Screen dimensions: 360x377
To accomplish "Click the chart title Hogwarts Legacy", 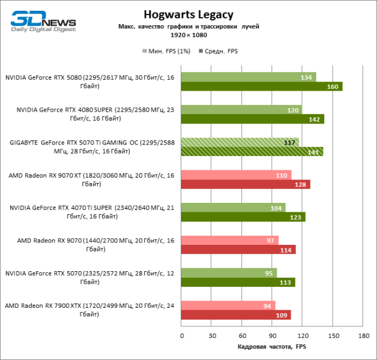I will click(188, 14).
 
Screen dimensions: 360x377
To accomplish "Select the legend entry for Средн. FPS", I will click(219, 52).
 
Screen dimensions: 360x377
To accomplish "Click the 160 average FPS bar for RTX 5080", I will click(261, 86).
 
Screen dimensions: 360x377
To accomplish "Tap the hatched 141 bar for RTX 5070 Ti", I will click(252, 151).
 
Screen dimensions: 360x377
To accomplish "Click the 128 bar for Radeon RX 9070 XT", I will click(246, 184).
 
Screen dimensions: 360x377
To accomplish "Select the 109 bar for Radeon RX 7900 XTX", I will click(236, 314).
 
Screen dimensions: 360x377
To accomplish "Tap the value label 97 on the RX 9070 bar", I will click(271, 240).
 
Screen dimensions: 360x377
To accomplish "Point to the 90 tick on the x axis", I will click(272, 336).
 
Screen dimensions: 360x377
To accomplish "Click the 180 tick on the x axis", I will click(363, 336).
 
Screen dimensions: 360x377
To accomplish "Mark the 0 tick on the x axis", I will click(181, 336).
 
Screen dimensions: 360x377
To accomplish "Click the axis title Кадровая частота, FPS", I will click(271, 347).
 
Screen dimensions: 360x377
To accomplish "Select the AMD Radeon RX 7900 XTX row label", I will click(89, 310).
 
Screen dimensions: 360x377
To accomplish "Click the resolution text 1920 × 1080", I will click(188, 36).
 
